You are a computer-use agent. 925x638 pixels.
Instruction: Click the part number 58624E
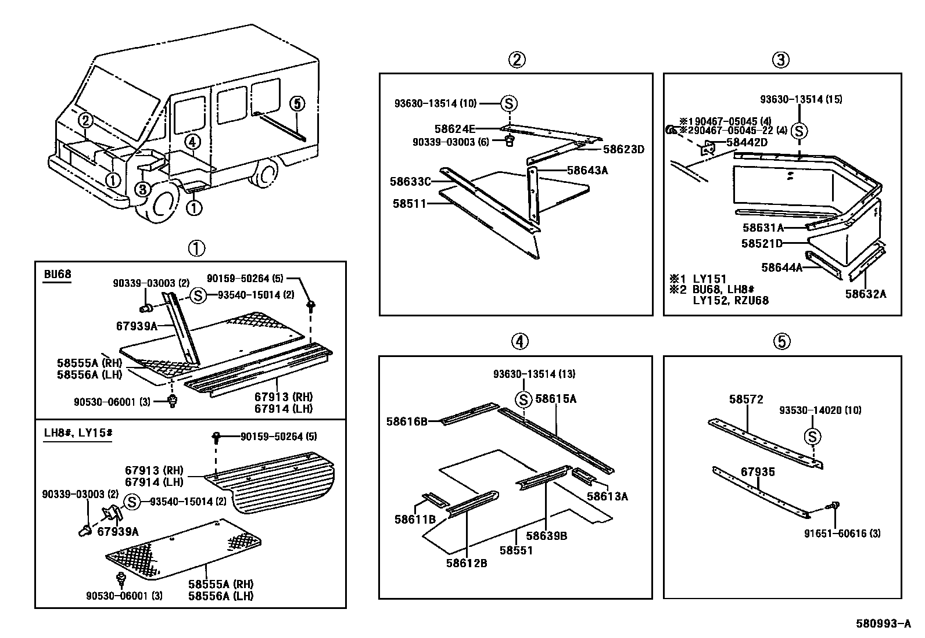click(x=454, y=128)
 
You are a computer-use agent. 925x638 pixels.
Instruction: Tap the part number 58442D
click(x=745, y=143)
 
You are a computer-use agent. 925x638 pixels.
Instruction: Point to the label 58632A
click(x=866, y=294)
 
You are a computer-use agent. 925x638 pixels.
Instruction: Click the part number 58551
click(x=516, y=550)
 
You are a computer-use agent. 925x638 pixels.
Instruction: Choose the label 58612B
click(x=467, y=563)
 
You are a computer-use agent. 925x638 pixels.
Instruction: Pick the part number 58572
click(x=746, y=399)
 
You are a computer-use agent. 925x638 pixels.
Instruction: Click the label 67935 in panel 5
click(x=758, y=472)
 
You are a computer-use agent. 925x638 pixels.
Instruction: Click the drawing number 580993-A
click(x=883, y=624)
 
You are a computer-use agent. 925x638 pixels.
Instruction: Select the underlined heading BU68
click(x=57, y=273)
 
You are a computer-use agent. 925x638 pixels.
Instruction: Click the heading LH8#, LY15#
click(x=77, y=432)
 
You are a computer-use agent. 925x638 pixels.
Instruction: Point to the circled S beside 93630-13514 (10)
click(x=508, y=104)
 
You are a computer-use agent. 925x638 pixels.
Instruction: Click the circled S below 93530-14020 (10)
click(x=812, y=437)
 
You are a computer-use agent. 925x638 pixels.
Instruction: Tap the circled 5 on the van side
click(x=296, y=104)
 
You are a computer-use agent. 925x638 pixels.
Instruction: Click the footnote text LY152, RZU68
click(x=730, y=300)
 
